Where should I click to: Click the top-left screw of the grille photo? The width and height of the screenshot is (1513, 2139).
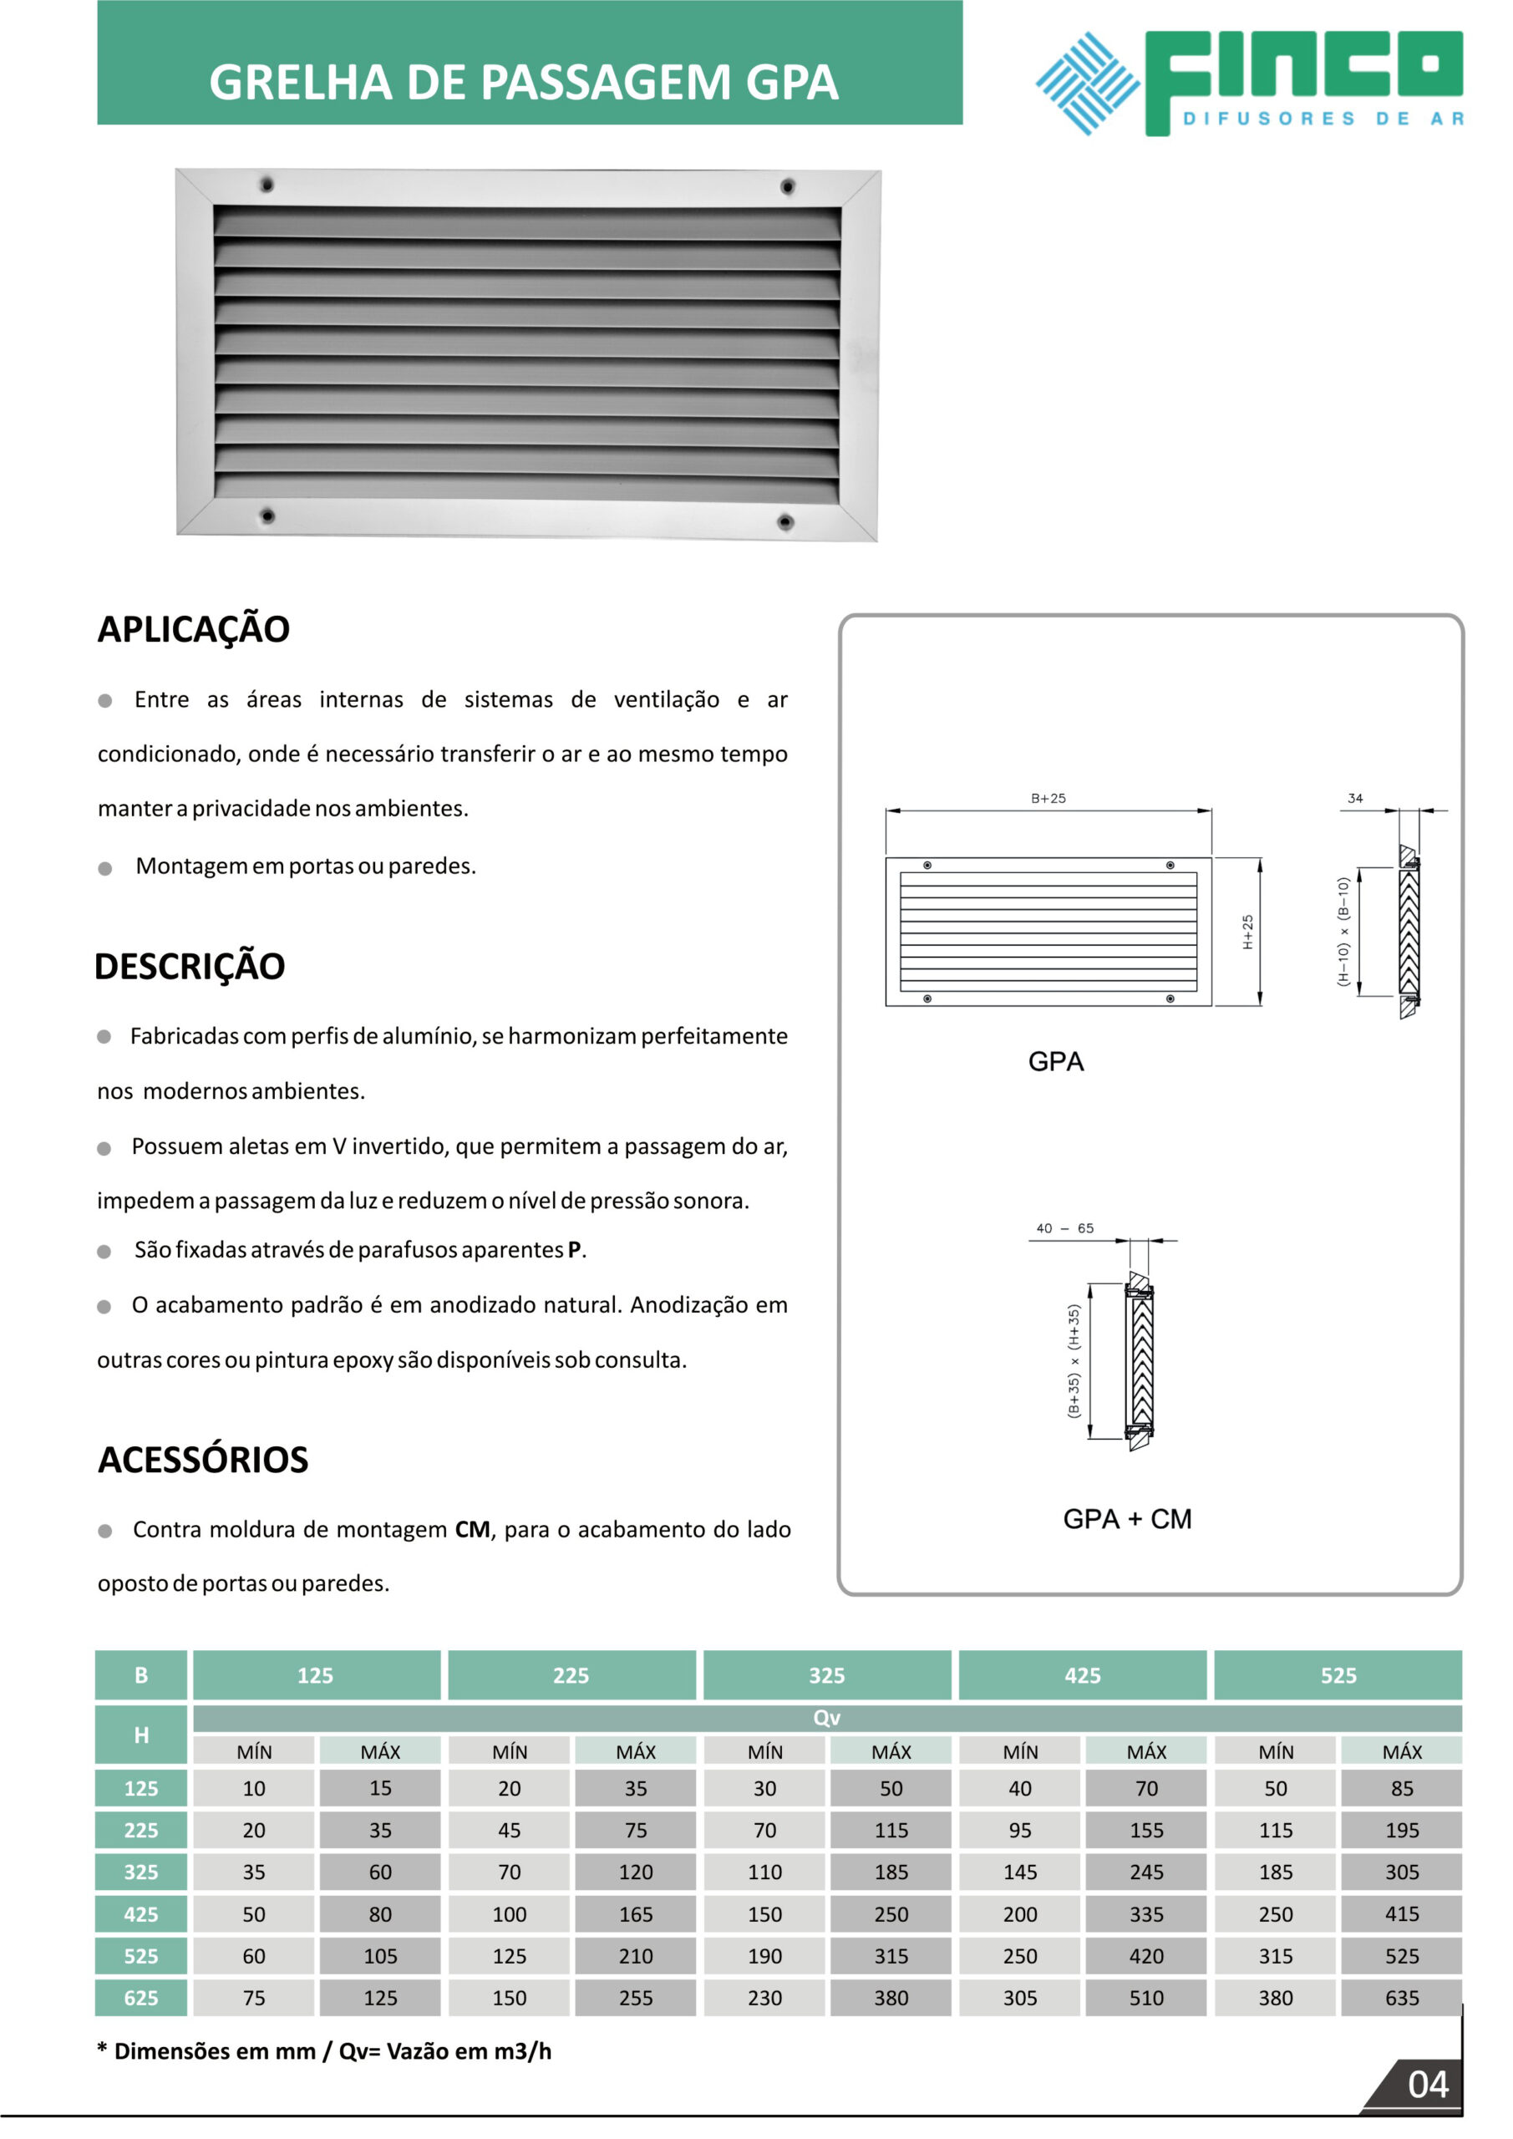click(x=267, y=184)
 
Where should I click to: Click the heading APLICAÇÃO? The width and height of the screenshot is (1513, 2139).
click(x=194, y=630)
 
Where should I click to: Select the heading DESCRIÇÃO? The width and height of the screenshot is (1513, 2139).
click(x=190, y=966)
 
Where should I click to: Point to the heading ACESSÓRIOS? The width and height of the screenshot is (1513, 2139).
click(x=203, y=1460)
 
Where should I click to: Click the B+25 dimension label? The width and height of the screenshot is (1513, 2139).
click(x=1048, y=799)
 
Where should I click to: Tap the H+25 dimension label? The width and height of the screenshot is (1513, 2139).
click(x=1247, y=932)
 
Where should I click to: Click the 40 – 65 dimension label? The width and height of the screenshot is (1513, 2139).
click(x=1065, y=1228)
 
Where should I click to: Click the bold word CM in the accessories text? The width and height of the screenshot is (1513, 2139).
click(x=472, y=1530)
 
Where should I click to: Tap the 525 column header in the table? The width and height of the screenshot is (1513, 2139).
click(x=1338, y=1676)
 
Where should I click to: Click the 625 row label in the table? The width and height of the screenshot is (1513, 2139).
click(x=142, y=1999)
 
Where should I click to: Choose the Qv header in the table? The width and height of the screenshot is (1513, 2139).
click(x=826, y=1718)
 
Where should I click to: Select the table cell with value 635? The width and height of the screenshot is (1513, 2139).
click(x=1402, y=1999)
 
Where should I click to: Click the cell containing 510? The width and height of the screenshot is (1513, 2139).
click(x=1147, y=1999)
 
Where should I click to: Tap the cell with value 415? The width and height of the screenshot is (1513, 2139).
click(x=1402, y=1914)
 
